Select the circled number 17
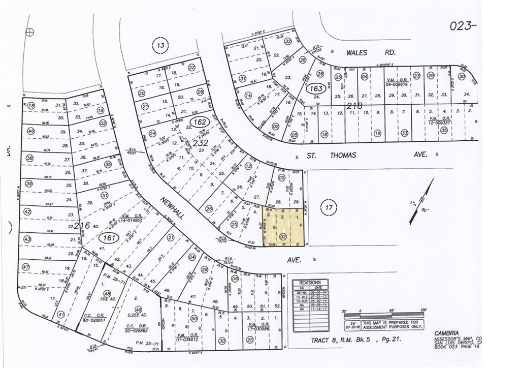click(x=329, y=207)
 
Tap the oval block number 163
click(x=315, y=89)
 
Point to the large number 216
click(x=81, y=225)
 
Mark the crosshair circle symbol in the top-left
click(x=29, y=32)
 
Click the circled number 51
click(x=105, y=195)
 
